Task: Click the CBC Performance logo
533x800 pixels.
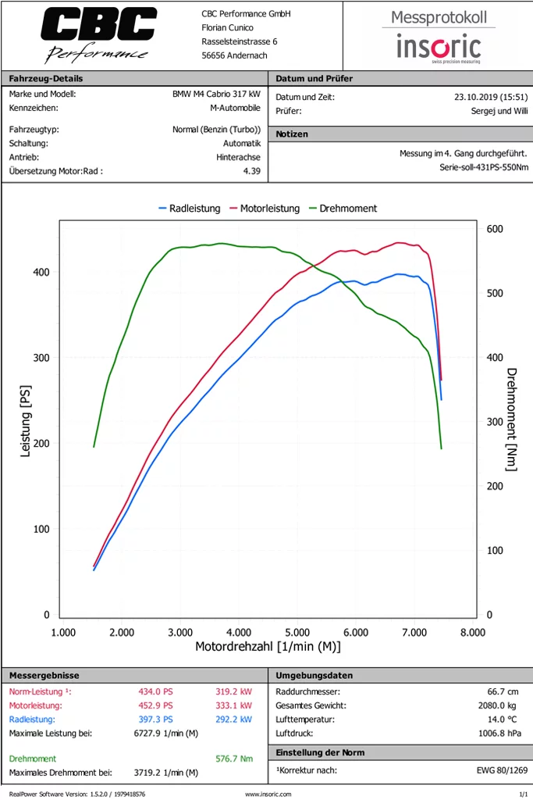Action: [98, 34]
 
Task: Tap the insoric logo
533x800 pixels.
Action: [439, 46]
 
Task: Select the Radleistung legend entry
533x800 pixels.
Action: [190, 209]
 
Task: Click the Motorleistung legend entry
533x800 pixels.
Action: [265, 209]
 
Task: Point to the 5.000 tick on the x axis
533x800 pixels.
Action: [297, 632]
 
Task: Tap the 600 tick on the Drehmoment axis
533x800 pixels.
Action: [495, 229]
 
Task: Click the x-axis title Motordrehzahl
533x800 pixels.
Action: [268, 647]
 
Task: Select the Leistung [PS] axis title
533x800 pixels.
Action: [25, 422]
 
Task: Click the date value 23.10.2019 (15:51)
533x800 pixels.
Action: [491, 97]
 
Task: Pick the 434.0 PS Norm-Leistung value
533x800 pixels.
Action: [155, 691]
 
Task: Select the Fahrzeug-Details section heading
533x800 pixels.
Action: [45, 78]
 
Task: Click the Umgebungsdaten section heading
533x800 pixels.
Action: [314, 675]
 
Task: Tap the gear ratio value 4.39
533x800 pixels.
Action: [251, 170]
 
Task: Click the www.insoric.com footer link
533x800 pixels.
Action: [268, 794]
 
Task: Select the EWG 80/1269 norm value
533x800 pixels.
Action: [502, 771]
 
